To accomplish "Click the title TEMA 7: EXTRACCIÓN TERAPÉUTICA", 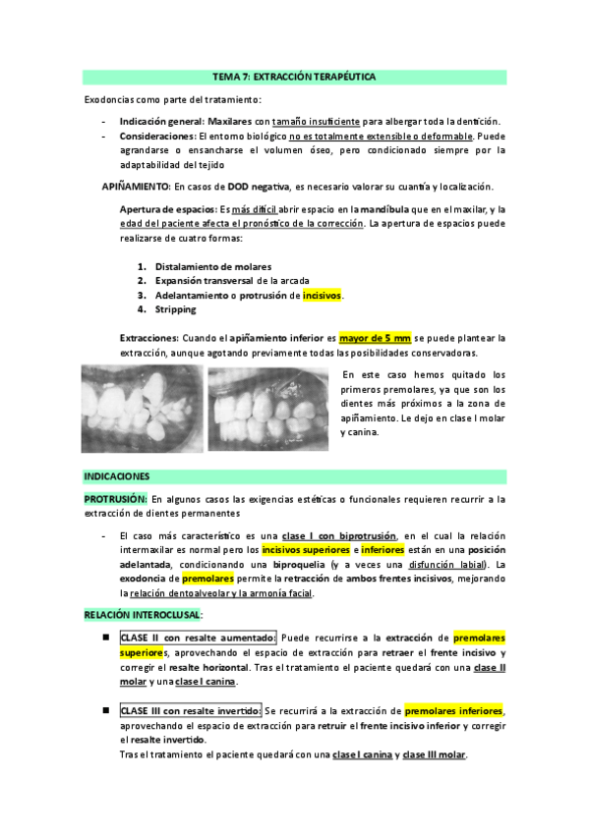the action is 294,76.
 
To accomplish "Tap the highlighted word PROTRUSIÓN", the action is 115,499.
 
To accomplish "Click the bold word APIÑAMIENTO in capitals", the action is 137,187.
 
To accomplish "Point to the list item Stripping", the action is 175,309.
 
